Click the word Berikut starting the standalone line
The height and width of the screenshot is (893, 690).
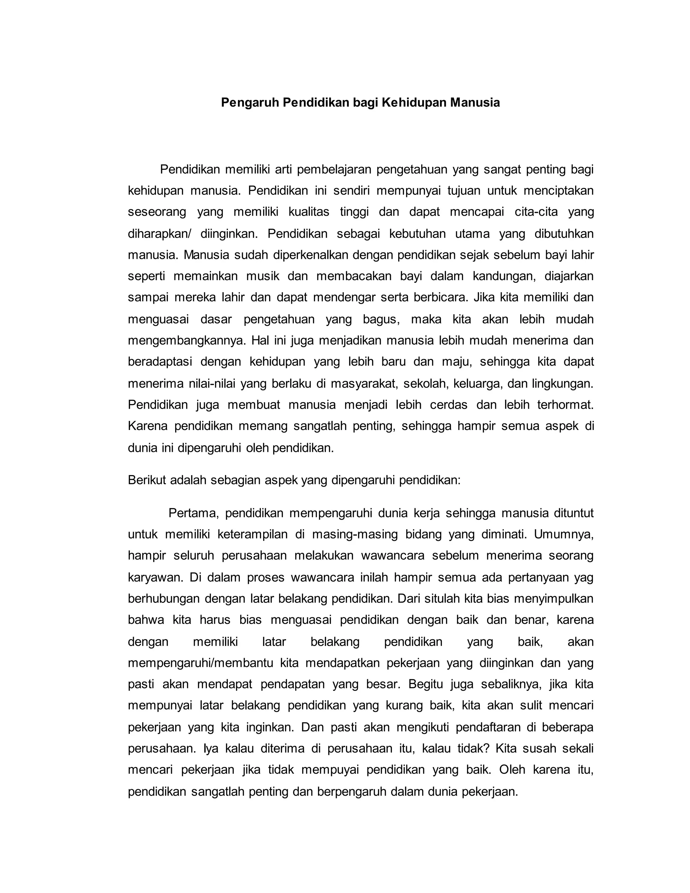click(147, 480)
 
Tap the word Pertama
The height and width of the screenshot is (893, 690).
click(193, 513)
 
